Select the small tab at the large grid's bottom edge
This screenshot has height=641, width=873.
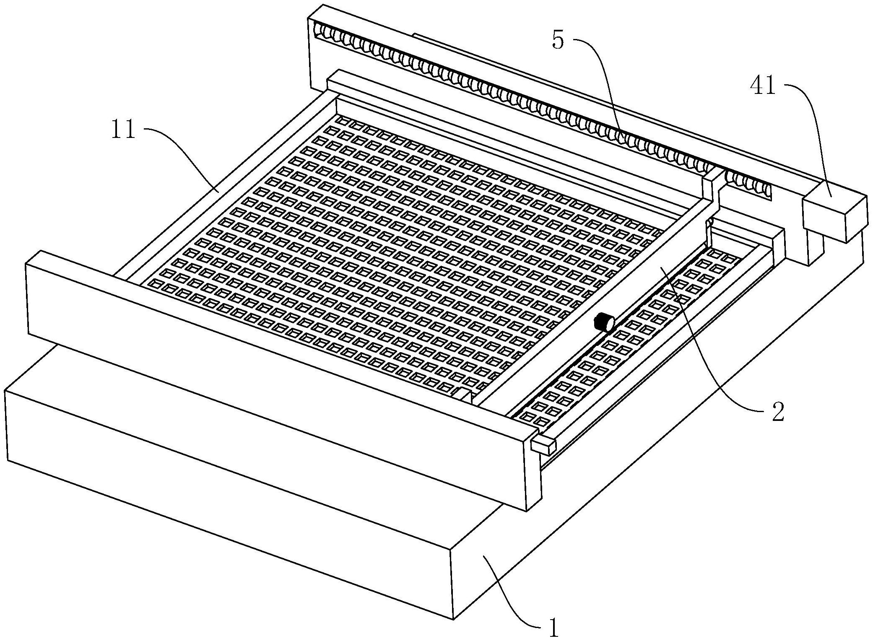tap(463, 395)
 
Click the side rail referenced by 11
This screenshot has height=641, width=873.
tap(222, 184)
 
